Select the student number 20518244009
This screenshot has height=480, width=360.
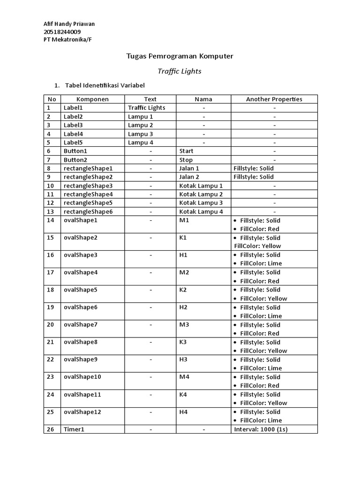pyautogui.click(x=62, y=31)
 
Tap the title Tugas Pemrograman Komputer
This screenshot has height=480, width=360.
pyautogui.click(x=180, y=56)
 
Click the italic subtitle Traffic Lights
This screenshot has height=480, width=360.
pyautogui.click(x=180, y=71)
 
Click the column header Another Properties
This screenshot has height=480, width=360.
pyautogui.click(x=274, y=99)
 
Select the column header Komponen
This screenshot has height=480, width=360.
pyautogui.click(x=92, y=99)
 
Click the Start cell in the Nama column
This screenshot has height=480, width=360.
pyautogui.click(x=186, y=151)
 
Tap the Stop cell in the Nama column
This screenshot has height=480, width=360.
pyautogui.click(x=186, y=160)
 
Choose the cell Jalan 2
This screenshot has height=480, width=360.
pyautogui.click(x=189, y=177)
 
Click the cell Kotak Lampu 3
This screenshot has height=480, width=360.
pyautogui.click(x=201, y=203)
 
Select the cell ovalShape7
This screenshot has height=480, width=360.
pyautogui.click(x=81, y=325)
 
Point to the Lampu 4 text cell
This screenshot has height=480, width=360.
pyautogui.click(x=141, y=142)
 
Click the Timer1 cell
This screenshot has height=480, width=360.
pyautogui.click(x=74, y=429)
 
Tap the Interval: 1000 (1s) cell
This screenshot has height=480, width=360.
pyautogui.click(x=261, y=429)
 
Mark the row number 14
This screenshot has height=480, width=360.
pyautogui.click(x=51, y=220)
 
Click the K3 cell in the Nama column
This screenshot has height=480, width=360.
pyautogui.click(x=183, y=342)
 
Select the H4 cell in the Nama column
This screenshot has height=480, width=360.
pyautogui.click(x=183, y=412)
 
